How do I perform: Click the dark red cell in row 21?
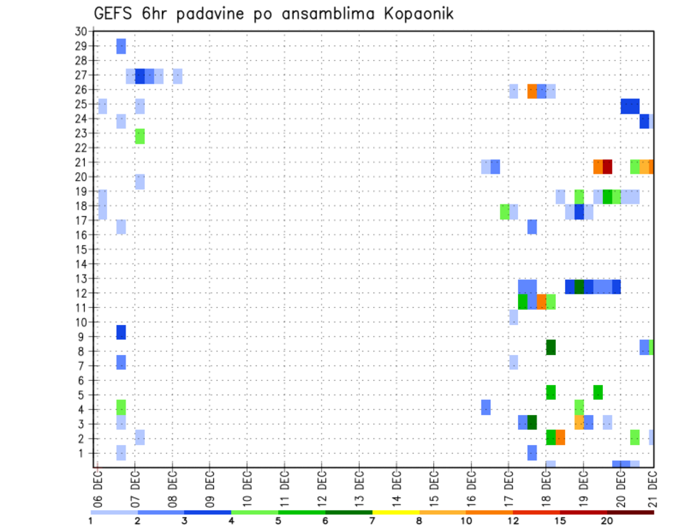click(x=607, y=166)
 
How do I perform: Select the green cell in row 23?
click(x=140, y=136)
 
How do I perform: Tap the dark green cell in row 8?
click(x=551, y=347)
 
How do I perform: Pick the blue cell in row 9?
click(x=121, y=332)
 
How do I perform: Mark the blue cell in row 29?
click(x=121, y=46)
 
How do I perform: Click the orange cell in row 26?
click(x=532, y=91)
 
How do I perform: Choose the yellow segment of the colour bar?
click(x=395, y=512)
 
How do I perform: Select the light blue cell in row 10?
click(x=514, y=317)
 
